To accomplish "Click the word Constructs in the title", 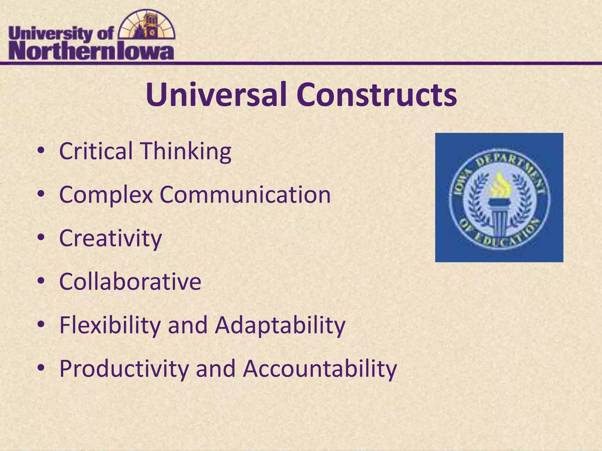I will tap(377, 95).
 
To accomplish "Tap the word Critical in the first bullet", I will tap(96, 151).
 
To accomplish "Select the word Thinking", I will tap(186, 152).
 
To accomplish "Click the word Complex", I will tap(106, 195).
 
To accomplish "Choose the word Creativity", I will tap(111, 238).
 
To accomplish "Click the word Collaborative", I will tap(130, 282).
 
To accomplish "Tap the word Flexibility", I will tap(110, 325).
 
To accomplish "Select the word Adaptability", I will tap(280, 325).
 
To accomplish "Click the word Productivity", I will tap(124, 369).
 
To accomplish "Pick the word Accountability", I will tap(320, 369).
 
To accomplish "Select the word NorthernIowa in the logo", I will tap(91, 52).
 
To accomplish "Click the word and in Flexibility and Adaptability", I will tap(188, 325).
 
